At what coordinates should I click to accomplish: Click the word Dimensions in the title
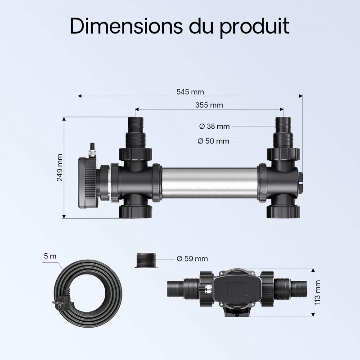tap(126, 26)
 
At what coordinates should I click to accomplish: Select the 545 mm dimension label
tap(190, 92)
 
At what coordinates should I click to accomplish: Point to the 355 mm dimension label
tap(209, 105)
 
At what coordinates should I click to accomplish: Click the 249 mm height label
tap(60, 167)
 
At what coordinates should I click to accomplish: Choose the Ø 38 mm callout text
tap(214, 126)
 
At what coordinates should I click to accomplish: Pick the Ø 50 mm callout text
tap(213, 141)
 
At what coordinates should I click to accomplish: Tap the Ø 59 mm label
tap(193, 259)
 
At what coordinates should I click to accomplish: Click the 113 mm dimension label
tap(317, 292)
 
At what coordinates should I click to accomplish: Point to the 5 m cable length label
tap(50, 256)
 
